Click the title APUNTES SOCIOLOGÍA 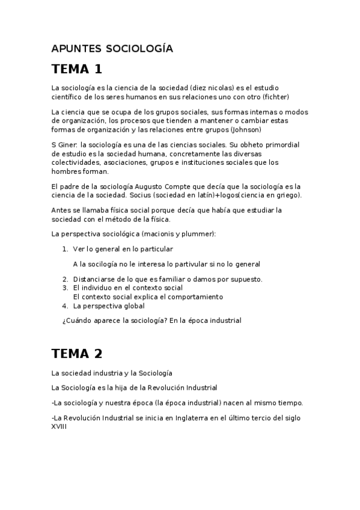coord(112,49)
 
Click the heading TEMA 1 coord(77,68)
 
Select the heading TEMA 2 coord(77,353)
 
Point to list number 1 coord(66,248)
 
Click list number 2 coord(66,279)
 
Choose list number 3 coord(66,288)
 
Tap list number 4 coord(66,306)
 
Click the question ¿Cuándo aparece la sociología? coord(114,321)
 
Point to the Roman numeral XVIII coord(59,426)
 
